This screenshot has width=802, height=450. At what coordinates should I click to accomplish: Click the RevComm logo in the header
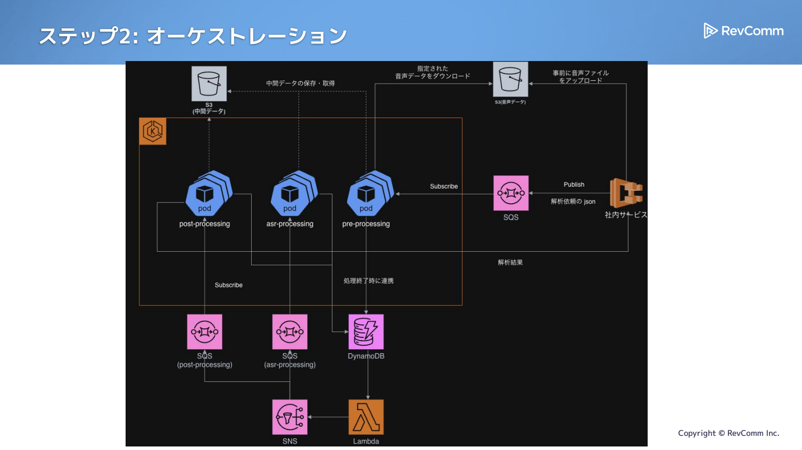(743, 31)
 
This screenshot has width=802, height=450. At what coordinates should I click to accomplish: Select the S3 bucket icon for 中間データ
(209, 84)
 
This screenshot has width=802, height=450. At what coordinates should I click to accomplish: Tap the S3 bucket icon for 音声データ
(510, 79)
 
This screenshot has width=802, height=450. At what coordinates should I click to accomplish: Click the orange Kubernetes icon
(153, 131)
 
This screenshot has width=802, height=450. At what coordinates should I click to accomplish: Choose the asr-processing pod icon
(293, 193)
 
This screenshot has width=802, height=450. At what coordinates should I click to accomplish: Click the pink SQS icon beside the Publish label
(510, 193)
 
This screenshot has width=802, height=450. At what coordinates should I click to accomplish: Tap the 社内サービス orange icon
(626, 193)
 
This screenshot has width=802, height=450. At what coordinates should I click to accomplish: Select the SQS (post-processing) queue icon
(204, 331)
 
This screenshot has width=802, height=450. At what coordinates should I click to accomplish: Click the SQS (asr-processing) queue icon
(290, 331)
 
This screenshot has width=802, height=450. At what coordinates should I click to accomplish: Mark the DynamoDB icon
(366, 331)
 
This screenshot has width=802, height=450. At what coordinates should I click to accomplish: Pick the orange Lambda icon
(366, 417)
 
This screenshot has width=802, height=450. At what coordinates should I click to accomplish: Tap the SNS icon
(290, 417)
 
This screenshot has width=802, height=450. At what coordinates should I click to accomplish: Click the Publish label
(574, 185)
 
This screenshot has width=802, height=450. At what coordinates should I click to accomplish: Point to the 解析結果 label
(510, 262)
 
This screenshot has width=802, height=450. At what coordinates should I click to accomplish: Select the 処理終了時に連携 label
(368, 281)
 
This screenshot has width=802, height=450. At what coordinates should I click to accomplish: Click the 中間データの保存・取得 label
(300, 83)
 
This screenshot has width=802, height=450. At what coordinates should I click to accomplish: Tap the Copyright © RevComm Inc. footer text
(728, 433)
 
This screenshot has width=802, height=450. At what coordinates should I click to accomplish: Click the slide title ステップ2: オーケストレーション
(193, 36)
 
